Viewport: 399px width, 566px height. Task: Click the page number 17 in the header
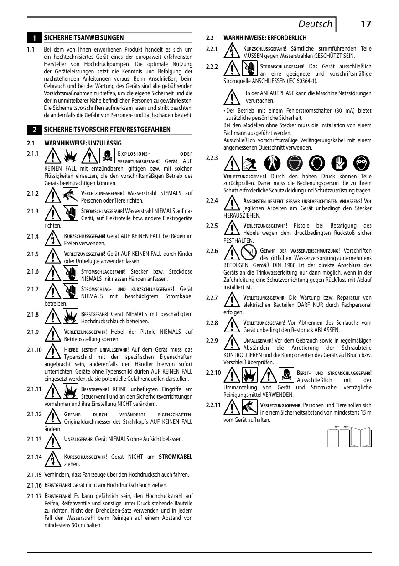point(365,24)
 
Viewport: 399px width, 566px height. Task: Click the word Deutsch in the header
point(315,24)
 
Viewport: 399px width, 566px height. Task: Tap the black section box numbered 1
point(34,38)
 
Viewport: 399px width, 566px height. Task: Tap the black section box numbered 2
point(34,130)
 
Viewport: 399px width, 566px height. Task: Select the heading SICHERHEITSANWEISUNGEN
point(83,37)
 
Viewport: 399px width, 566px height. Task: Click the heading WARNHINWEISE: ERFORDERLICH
point(264,38)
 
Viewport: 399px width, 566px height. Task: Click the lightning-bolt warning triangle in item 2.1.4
point(53,239)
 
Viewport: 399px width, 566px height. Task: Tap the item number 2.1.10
point(35,350)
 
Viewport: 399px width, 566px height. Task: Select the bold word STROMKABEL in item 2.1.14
point(176,457)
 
